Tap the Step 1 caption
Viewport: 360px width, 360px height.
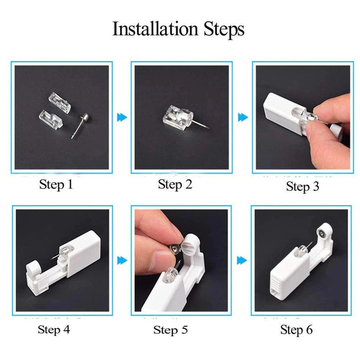(56, 184)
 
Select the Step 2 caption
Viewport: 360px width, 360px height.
(175, 184)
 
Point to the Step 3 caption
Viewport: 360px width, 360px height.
(307, 186)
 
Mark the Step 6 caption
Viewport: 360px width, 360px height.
(296, 329)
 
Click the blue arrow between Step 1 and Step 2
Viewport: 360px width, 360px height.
(122, 117)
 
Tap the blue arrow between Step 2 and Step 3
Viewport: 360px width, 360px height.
(242, 117)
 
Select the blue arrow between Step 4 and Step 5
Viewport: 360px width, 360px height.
(122, 260)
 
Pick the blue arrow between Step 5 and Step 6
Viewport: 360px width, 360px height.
(242, 260)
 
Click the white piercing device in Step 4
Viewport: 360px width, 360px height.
(60, 264)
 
